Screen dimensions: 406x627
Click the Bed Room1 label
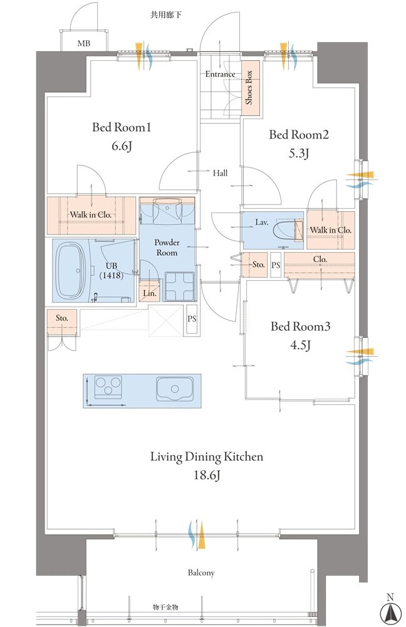click(x=121, y=127)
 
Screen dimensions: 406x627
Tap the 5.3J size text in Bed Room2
click(x=299, y=154)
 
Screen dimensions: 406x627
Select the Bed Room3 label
click(x=301, y=326)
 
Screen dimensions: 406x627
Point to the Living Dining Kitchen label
click(x=207, y=456)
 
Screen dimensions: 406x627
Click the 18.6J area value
click(x=207, y=475)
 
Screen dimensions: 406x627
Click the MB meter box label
click(x=84, y=43)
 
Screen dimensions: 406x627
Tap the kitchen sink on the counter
click(x=175, y=389)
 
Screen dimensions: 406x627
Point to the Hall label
click(x=220, y=173)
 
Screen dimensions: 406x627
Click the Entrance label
click(x=220, y=74)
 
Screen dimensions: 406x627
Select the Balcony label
click(x=201, y=572)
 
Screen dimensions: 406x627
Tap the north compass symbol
click(x=390, y=612)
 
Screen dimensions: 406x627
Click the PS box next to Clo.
click(x=276, y=265)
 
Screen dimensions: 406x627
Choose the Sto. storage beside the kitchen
click(x=62, y=322)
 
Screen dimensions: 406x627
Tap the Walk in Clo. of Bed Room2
click(x=330, y=230)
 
